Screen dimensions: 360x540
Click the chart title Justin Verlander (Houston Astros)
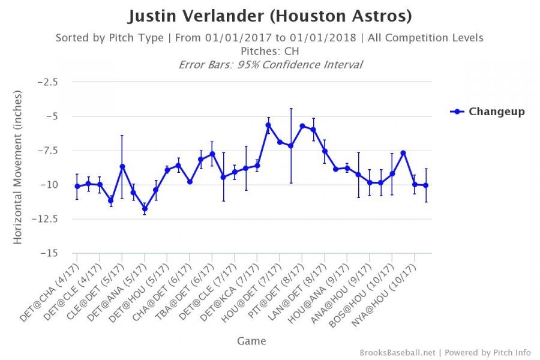click(269, 16)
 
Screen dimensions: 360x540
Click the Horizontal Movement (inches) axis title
click(18, 167)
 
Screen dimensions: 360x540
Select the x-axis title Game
click(251, 341)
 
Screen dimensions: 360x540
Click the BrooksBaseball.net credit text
click(398, 353)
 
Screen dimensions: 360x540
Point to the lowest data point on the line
click(145, 209)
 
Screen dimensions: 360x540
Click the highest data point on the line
click(268, 125)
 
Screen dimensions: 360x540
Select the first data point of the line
click(77, 186)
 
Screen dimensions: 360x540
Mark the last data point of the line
click(426, 185)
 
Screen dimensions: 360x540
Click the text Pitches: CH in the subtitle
click(269, 51)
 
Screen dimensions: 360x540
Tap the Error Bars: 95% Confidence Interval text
click(270, 64)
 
